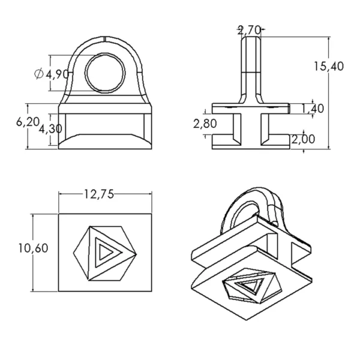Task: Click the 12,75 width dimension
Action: click(x=99, y=194)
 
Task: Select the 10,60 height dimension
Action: click(x=33, y=248)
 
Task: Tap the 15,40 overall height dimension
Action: click(x=328, y=67)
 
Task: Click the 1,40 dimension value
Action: click(x=313, y=109)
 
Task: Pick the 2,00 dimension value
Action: click(x=313, y=139)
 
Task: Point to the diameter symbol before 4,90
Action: click(x=39, y=74)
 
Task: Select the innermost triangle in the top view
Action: click(x=108, y=251)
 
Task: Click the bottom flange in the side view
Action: click(x=250, y=143)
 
